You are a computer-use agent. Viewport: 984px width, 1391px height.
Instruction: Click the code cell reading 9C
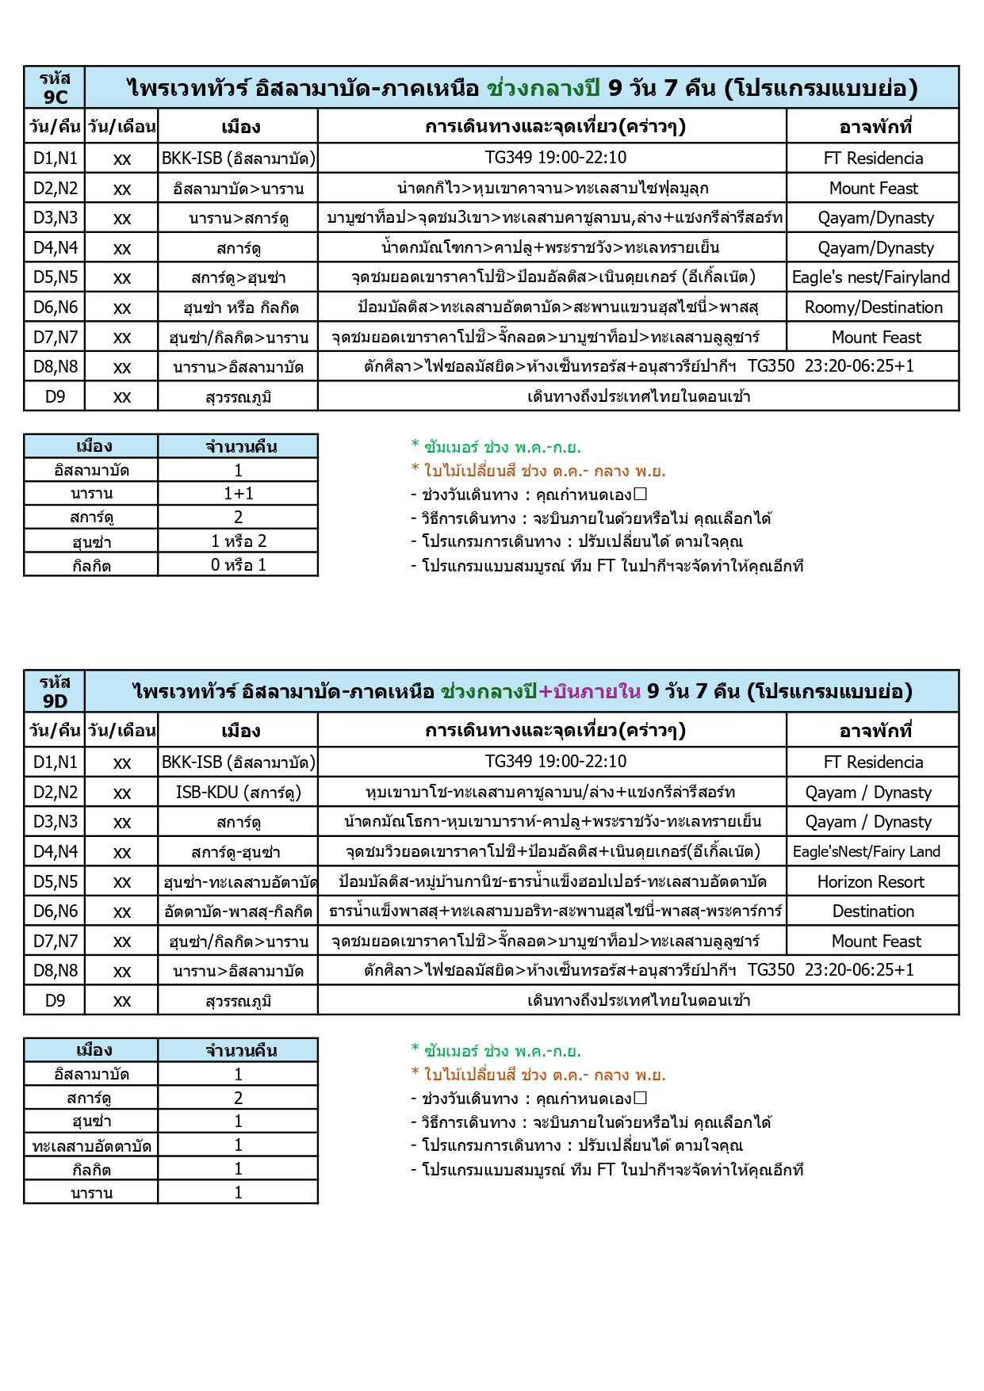(55, 88)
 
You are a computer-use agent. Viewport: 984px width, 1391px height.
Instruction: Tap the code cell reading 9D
(55, 692)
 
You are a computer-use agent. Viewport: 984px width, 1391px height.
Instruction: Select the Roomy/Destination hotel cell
(873, 308)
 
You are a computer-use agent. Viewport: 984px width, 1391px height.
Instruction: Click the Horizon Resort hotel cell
(871, 882)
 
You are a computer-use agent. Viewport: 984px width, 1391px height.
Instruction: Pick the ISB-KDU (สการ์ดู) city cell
(238, 793)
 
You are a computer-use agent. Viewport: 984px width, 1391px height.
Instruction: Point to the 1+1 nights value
(238, 494)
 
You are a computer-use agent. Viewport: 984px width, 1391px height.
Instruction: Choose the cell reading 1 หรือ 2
(238, 541)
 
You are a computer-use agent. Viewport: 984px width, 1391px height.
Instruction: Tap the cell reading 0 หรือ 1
(238, 565)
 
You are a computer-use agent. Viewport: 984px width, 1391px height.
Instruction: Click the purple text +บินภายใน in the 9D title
(589, 692)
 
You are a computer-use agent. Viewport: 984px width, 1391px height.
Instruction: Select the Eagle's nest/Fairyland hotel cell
(871, 277)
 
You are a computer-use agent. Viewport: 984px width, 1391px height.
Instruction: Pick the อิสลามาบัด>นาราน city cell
(238, 189)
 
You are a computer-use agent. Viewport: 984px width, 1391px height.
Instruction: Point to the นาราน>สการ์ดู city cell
(238, 218)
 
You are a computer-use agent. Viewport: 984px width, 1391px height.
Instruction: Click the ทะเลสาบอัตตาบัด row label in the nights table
(91, 1146)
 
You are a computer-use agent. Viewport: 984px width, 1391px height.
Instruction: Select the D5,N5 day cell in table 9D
(56, 882)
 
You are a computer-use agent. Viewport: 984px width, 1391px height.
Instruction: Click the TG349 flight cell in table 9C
(555, 158)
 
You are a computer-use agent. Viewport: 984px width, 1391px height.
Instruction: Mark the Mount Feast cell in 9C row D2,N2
(873, 189)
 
